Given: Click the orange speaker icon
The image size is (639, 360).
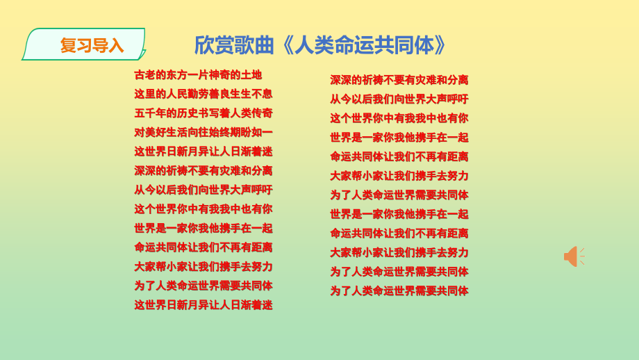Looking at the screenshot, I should coord(572,256).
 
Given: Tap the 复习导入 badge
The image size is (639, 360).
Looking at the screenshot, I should coord(86,45).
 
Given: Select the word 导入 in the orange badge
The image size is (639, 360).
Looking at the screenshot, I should coord(108,46).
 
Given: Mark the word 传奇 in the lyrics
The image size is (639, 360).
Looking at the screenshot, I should coord(262,113).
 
